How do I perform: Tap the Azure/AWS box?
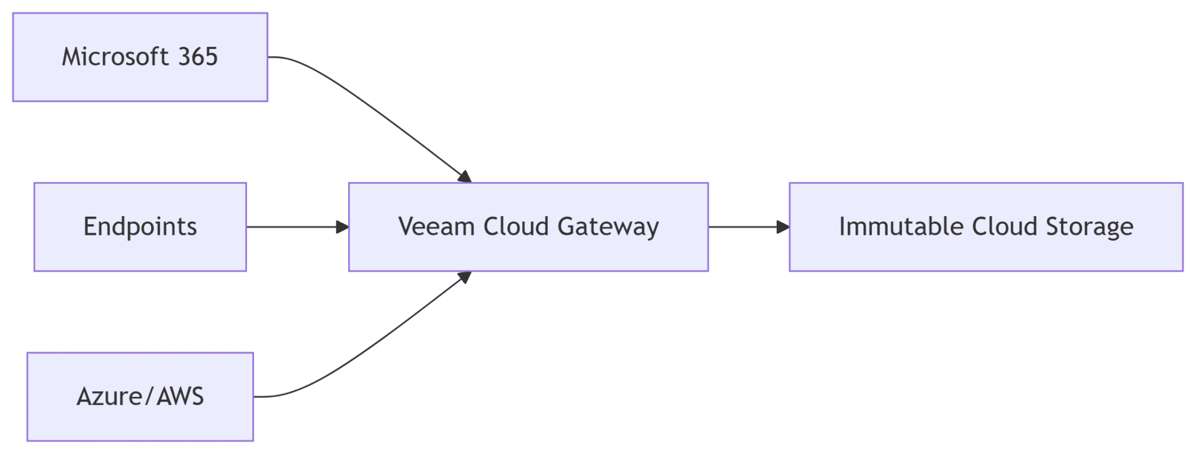coord(140,424)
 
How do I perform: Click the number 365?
coord(198,57)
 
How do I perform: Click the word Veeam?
coord(436,227)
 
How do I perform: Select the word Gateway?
coord(608,227)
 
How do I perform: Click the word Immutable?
coord(901,227)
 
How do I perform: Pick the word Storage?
coord(1089,227)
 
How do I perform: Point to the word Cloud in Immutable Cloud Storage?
coord(1004,227)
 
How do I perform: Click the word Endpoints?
coord(140,227)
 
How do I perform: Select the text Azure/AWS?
coord(140,397)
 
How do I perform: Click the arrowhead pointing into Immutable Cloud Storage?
coord(783,227)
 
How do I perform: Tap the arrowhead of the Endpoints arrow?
coord(342,227)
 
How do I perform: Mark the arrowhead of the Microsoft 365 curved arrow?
coord(465,176)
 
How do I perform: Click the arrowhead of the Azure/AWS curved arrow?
coord(465,277)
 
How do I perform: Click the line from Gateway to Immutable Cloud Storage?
coord(742,227)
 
